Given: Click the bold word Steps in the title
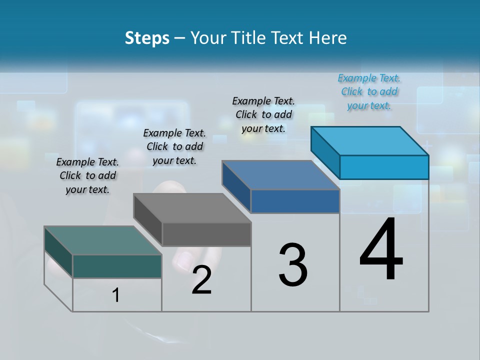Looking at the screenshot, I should [x=147, y=38].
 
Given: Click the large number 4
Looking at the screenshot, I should [x=381, y=250].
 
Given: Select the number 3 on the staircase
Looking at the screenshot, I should [x=293, y=265].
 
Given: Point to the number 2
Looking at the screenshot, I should [x=201, y=280].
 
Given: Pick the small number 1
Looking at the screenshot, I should [x=116, y=295].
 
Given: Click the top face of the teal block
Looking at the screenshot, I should [x=103, y=240].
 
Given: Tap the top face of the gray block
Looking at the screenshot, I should [x=192, y=208].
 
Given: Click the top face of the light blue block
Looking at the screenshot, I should [x=370, y=141].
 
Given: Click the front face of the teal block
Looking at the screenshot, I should [x=117, y=266].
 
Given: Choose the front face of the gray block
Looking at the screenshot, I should [x=206, y=234].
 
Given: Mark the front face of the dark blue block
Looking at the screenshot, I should [x=295, y=201].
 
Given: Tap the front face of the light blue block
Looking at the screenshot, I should [x=384, y=167].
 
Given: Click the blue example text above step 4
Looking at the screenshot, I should [x=369, y=92].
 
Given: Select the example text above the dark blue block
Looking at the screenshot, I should [x=263, y=114].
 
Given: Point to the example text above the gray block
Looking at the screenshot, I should [x=174, y=146].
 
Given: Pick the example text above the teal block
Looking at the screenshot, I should [x=87, y=175].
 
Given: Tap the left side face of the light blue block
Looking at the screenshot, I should [x=325, y=152].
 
